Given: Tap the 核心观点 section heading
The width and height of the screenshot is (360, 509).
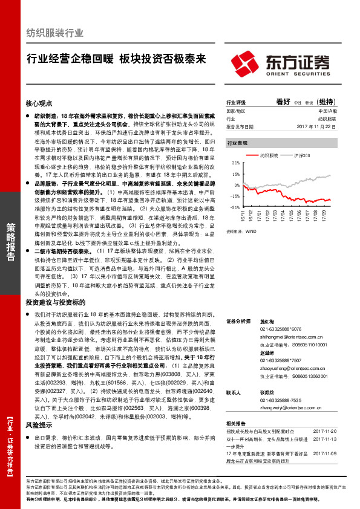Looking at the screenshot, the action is tap(39, 103).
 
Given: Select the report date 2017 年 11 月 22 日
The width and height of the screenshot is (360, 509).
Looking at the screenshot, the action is tap(321, 127).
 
